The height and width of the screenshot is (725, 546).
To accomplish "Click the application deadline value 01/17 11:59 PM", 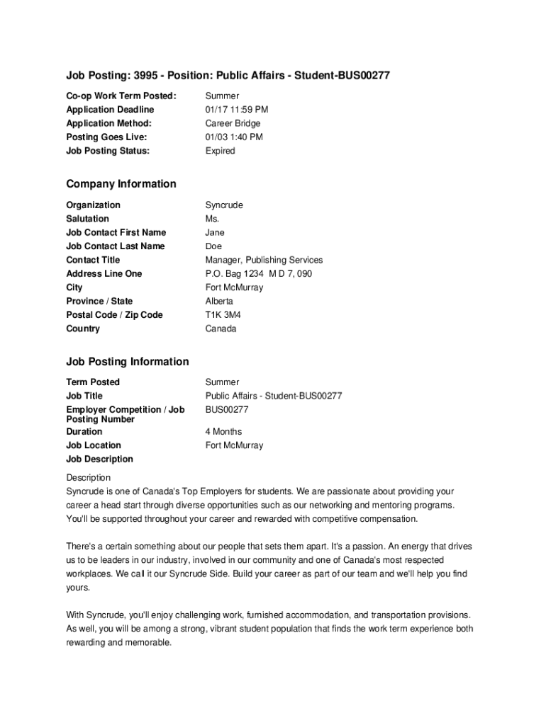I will click(x=236, y=110).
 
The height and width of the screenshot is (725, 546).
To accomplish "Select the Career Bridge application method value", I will click(x=233, y=123).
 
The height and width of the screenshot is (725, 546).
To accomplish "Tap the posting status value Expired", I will click(x=220, y=151).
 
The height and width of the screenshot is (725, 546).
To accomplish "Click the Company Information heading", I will click(x=121, y=184).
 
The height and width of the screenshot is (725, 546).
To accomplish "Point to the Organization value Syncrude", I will click(x=224, y=205).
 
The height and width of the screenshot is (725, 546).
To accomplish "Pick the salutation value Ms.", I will click(x=212, y=219).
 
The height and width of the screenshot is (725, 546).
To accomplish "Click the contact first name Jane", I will click(x=215, y=232).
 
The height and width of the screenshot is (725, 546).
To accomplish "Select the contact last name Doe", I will click(x=213, y=246).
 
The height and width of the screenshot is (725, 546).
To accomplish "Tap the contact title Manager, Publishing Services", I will click(x=264, y=260).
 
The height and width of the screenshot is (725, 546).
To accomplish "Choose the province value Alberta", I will click(x=219, y=302).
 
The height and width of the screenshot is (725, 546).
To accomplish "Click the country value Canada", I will click(x=221, y=329).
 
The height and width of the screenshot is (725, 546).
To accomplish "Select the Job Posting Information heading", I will click(x=128, y=362).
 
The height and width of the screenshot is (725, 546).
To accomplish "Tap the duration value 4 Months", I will click(x=223, y=432).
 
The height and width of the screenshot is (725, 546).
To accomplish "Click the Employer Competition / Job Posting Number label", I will click(x=125, y=414).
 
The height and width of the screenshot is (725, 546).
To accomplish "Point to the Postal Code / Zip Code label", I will click(x=114, y=315).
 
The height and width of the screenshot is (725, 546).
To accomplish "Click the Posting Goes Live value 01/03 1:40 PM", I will click(x=234, y=137).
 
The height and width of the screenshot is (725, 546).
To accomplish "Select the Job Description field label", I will click(x=99, y=459).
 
